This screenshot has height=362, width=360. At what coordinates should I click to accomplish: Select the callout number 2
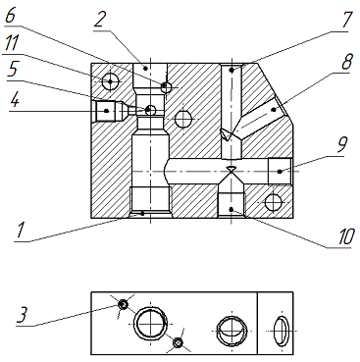pos(101,20)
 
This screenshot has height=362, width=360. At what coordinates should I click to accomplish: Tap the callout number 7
pos(345,20)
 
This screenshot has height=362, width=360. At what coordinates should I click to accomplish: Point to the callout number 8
pos(346,61)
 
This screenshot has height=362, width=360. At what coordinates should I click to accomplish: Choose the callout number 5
pos(14,70)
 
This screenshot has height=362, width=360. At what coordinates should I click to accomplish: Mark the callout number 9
pos(342,144)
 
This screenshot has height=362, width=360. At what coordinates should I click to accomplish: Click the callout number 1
pos(22,230)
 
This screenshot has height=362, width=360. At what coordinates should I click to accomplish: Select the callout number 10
pos(344,236)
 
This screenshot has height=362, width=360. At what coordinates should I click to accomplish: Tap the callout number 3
pos(24,315)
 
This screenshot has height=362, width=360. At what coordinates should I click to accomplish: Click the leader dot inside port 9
pos(280,171)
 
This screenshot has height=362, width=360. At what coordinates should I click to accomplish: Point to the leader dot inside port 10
pos(231,209)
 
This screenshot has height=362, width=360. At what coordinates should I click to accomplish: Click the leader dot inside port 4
pos(106,111)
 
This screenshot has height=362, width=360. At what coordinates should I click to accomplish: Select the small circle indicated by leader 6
pos(166,87)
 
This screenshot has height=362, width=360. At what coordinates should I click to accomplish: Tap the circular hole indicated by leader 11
pos(110,80)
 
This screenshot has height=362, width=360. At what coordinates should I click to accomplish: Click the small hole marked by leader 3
pos(123,304)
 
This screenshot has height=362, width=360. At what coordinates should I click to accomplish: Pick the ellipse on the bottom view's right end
pos(282,331)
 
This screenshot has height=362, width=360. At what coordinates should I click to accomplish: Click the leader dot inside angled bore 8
pos(274,110)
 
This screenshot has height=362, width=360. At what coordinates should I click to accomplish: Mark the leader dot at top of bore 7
pos(231,70)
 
